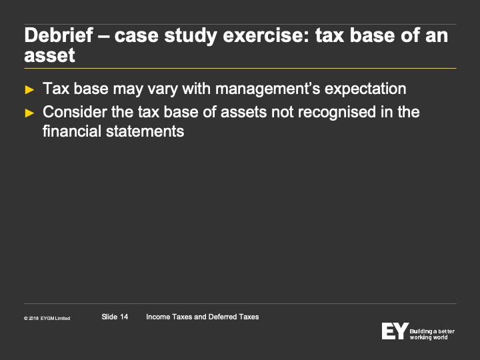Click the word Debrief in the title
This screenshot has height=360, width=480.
[59, 35]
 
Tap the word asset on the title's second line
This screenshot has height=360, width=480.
[49, 55]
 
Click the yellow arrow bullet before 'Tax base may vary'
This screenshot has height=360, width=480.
[29, 90]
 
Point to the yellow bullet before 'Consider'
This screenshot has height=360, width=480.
[29, 113]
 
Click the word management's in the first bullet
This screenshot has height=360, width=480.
[267, 89]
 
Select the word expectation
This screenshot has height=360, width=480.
[365, 89]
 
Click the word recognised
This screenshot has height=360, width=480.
[337, 112]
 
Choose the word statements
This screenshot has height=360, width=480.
[145, 131]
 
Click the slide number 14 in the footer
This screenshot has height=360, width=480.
[124, 317]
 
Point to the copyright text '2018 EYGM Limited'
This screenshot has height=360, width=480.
[49, 319]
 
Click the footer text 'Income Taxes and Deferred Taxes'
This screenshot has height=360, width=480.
[203, 317]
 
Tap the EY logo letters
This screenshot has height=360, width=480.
[395, 331]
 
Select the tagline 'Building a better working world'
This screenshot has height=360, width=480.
[432, 334]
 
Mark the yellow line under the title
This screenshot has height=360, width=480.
[240, 68]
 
